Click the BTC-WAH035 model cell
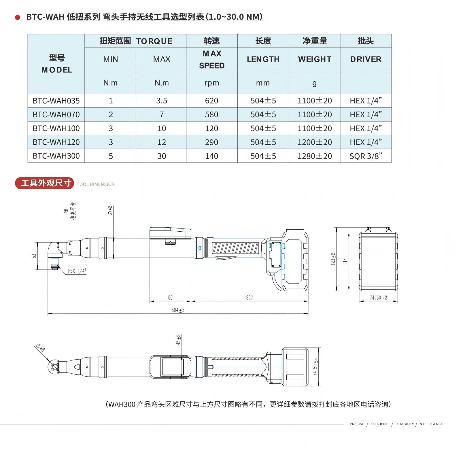56,101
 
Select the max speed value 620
211,101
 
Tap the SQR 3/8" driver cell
366,156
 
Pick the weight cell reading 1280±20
315,156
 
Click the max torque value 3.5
162,101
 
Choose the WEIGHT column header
315,59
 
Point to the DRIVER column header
366,59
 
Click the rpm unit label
212,83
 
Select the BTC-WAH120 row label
56,142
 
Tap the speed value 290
211,142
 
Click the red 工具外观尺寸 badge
45,183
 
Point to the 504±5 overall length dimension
178,310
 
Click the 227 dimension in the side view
250,298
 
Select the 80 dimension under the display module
170,298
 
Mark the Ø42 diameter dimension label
110,210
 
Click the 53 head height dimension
34,256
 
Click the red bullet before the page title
18,17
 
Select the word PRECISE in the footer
357,424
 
